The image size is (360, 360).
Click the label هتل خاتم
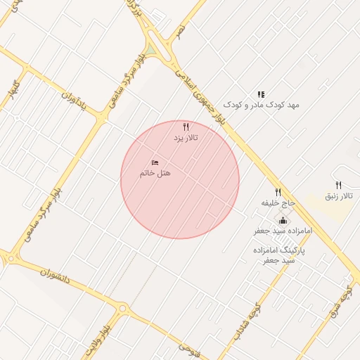[x=155, y=173]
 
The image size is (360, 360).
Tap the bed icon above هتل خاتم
[x=155, y=163]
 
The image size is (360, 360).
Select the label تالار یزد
[x=186, y=138]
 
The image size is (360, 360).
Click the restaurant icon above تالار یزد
[x=186, y=127]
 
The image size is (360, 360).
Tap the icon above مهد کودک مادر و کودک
[x=261, y=94]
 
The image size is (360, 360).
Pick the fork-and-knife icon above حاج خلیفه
[x=278, y=192]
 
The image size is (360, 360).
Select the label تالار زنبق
[x=338, y=196]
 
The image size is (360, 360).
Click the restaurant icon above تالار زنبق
[x=338, y=186]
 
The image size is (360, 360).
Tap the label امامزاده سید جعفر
[x=283, y=231]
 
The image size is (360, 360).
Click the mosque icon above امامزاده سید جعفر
[x=283, y=220]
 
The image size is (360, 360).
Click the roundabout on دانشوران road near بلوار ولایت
[x=123, y=309]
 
